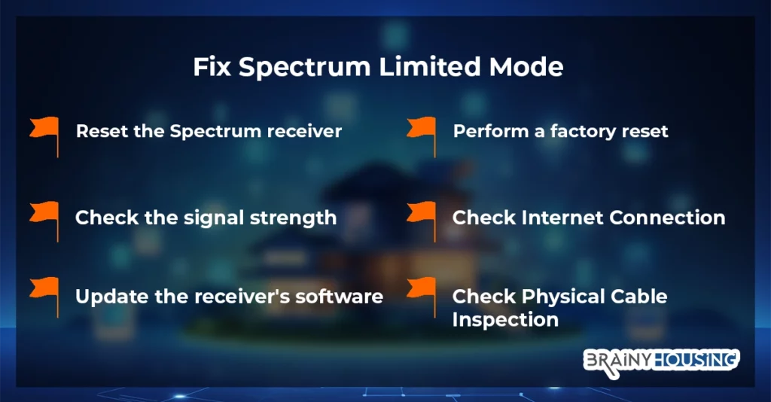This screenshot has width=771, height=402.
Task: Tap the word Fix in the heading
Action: (212, 66)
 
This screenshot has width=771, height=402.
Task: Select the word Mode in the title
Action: (526, 66)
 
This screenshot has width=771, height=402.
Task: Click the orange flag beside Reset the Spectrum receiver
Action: (44, 136)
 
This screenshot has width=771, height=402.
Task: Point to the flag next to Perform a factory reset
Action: (422, 136)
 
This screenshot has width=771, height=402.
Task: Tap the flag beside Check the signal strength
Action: (44, 221)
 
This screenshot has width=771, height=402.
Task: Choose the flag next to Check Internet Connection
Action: (422, 221)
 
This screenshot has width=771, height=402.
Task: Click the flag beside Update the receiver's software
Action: (44, 297)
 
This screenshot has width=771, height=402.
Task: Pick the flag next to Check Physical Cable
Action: (422, 297)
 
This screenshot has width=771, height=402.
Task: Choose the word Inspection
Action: (505, 320)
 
